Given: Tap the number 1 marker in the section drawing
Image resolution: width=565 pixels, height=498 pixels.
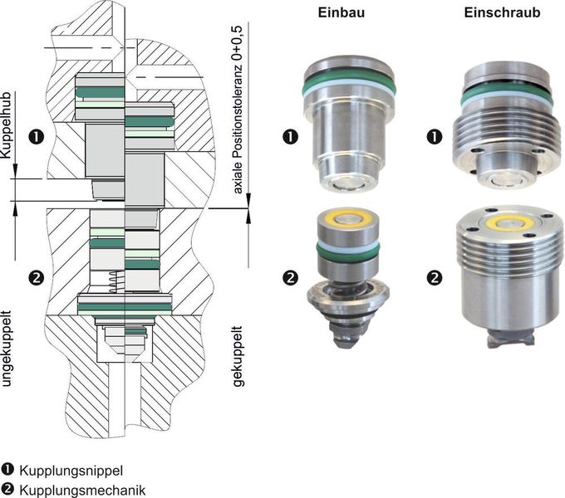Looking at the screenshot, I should point(35,135).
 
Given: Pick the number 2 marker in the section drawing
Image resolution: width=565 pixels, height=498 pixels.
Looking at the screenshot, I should point(35,276).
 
